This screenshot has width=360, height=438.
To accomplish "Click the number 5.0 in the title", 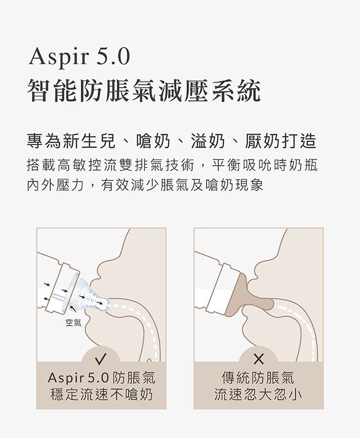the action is (114, 56).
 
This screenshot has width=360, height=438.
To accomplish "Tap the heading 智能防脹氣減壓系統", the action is (144, 90).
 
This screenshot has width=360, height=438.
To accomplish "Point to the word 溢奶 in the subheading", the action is (208, 141).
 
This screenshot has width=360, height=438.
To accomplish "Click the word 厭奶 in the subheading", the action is (262, 141).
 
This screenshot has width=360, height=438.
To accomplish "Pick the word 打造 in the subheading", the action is (299, 141).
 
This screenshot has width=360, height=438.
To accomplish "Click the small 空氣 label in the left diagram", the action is (73, 323).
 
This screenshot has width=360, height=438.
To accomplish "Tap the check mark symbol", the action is (101, 359).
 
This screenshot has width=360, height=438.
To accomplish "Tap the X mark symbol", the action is (259, 359).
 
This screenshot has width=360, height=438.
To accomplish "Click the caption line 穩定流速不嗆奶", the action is (101, 395).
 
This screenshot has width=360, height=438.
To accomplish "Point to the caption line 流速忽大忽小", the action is (258, 395).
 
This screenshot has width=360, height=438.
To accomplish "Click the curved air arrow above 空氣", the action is (73, 308).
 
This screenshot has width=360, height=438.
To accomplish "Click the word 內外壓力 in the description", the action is (55, 184).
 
